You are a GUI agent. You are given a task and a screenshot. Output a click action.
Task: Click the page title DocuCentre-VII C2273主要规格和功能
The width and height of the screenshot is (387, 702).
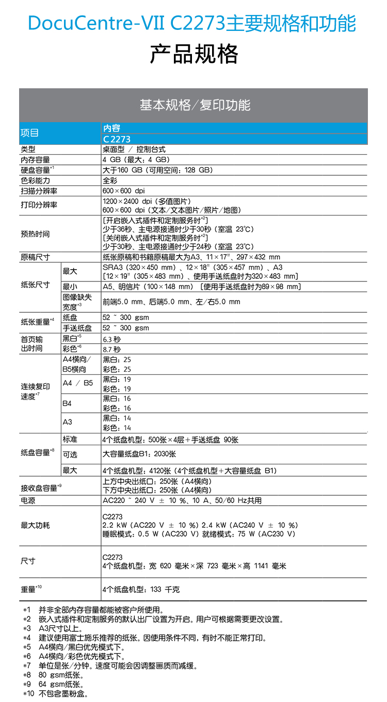pyautogui.click(x=192, y=23)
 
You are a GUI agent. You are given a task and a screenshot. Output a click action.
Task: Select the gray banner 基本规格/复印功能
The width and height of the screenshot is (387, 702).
pyautogui.click(x=193, y=105)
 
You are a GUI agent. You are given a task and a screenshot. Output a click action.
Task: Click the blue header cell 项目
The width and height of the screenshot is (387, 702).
pyautogui.click(x=30, y=133)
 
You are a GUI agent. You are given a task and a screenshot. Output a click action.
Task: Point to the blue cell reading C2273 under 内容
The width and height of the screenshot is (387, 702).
pyautogui.click(x=117, y=139)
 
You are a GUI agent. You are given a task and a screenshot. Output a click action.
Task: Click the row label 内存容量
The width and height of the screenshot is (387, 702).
pyautogui.click(x=36, y=160)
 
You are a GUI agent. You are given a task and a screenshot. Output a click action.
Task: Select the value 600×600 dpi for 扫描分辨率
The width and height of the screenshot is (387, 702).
pyautogui.click(x=124, y=191)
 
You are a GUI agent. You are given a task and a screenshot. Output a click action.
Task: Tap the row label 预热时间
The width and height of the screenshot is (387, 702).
pyautogui.click(x=36, y=234)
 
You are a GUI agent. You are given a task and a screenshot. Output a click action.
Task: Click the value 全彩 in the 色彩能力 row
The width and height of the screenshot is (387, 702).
pyautogui.click(x=110, y=180)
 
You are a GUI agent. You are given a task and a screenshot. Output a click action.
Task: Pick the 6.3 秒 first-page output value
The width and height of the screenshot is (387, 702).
pyautogui.click(x=111, y=339)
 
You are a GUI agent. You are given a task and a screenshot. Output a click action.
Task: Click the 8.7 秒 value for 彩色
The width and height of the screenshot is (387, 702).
pyautogui.click(x=111, y=349)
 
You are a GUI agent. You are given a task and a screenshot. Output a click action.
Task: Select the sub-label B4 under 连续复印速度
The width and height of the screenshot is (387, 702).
pyautogui.click(x=67, y=403)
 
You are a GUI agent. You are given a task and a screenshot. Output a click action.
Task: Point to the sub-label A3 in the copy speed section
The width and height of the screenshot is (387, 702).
pyautogui.click(x=67, y=422)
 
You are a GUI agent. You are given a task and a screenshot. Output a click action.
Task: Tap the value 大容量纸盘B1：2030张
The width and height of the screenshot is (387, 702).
pyautogui.click(x=139, y=454)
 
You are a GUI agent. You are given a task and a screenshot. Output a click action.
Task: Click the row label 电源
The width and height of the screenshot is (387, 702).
pyautogui.click(x=28, y=500)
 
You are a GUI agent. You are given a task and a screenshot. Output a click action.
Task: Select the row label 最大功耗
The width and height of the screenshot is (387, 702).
pyautogui.click(x=36, y=525)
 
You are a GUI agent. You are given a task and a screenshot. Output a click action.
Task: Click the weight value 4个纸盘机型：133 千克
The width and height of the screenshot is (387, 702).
pyautogui.click(x=141, y=589)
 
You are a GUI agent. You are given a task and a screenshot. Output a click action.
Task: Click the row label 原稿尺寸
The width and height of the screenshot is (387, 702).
pyautogui.click(x=36, y=257)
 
